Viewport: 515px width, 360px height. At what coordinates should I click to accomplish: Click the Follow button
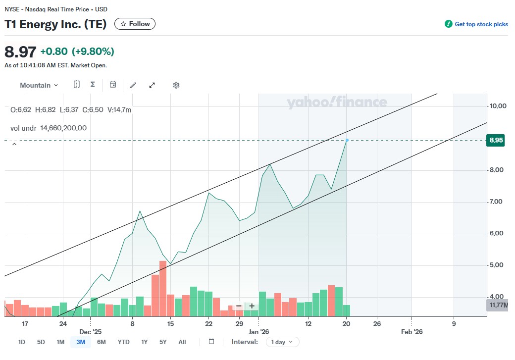135,24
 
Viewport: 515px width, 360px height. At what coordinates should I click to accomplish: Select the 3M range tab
80,342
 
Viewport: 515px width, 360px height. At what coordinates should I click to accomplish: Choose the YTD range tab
123,342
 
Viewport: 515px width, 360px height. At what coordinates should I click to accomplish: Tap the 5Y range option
163,342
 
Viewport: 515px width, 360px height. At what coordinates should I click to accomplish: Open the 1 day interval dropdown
282,342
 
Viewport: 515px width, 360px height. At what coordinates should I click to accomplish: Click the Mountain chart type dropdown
39,85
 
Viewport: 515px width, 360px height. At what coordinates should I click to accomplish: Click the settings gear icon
176,85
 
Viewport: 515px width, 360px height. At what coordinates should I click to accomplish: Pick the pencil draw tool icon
133,85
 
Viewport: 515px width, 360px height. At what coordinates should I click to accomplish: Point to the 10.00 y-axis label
498,106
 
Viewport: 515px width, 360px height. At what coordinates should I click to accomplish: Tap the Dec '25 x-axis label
90,332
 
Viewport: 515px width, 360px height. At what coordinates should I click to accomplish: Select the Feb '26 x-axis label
412,332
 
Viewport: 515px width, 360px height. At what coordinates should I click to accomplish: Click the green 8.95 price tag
496,140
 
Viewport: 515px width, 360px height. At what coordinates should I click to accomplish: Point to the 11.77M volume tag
498,305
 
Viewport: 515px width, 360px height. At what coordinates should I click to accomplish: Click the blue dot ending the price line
347,140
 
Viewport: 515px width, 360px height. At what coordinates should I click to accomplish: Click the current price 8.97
20,51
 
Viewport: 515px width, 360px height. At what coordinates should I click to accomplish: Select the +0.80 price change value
54,51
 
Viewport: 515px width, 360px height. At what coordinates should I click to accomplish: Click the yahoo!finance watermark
337,103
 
